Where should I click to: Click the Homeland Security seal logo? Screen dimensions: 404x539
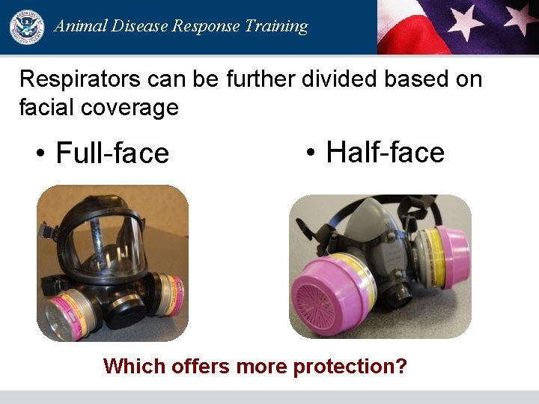pos(27,27)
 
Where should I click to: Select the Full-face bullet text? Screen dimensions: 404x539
pos(112,153)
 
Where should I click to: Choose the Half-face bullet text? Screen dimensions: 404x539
pos(385,153)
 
